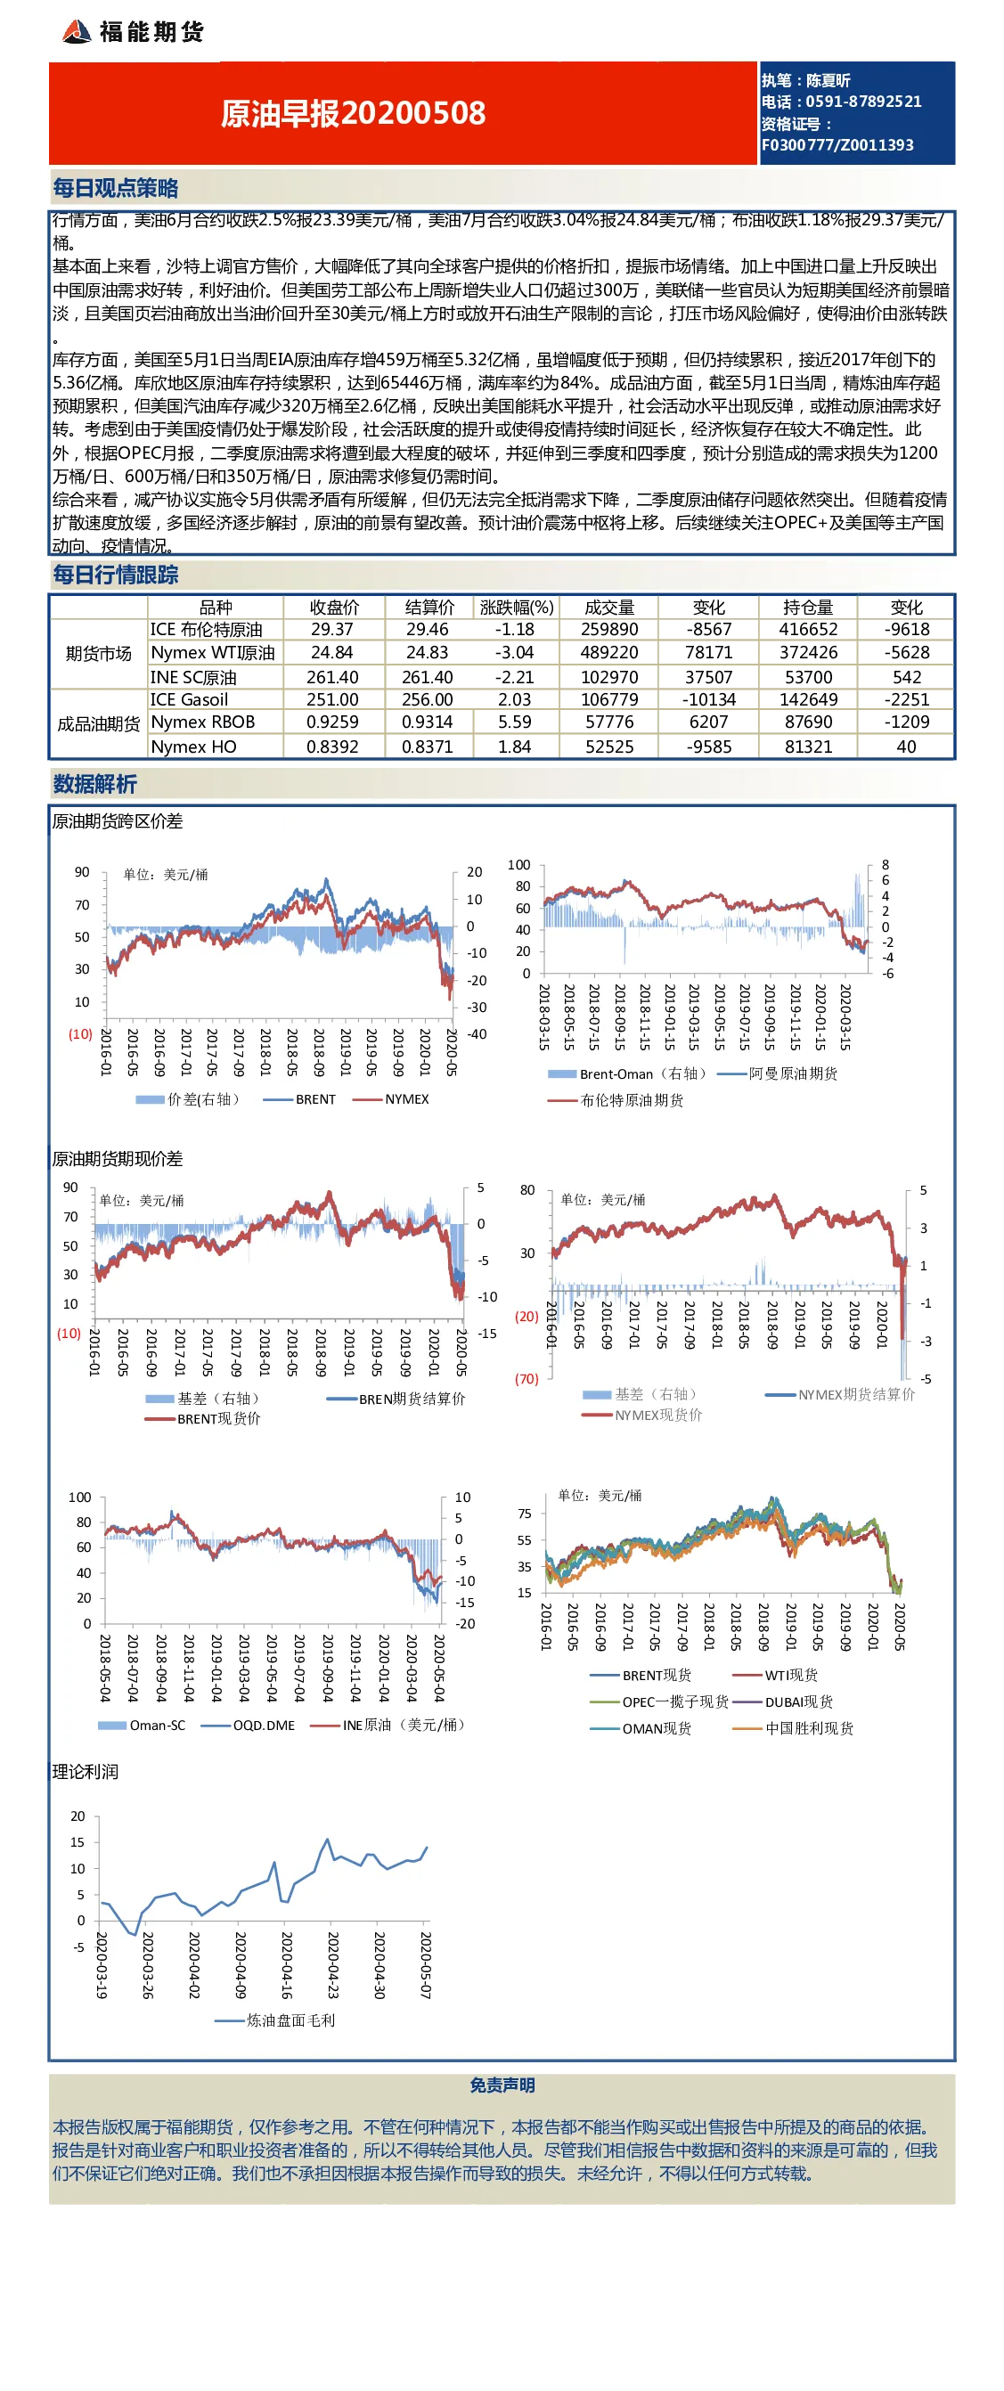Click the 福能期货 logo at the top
coord(133,31)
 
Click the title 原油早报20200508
coord(354,113)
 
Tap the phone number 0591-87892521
coord(864,102)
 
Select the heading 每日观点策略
coord(116,189)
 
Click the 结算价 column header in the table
coord(429,607)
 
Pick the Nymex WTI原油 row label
coord(213,652)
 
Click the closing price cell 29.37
coord(332,629)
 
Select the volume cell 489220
coord(609,652)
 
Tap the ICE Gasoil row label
coord(189,700)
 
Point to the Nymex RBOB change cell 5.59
coord(515,722)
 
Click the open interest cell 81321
coord(808,747)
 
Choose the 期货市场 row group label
coord(98,654)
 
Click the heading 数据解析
coord(94,784)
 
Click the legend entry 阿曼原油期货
coord(794,1074)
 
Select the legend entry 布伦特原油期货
coord(632,1100)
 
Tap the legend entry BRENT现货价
coord(219,1418)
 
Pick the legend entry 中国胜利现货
coord(809,1728)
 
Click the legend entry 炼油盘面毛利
coord(290,2020)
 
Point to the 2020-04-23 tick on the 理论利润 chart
coord(333,1965)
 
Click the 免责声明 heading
coord(502,2085)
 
